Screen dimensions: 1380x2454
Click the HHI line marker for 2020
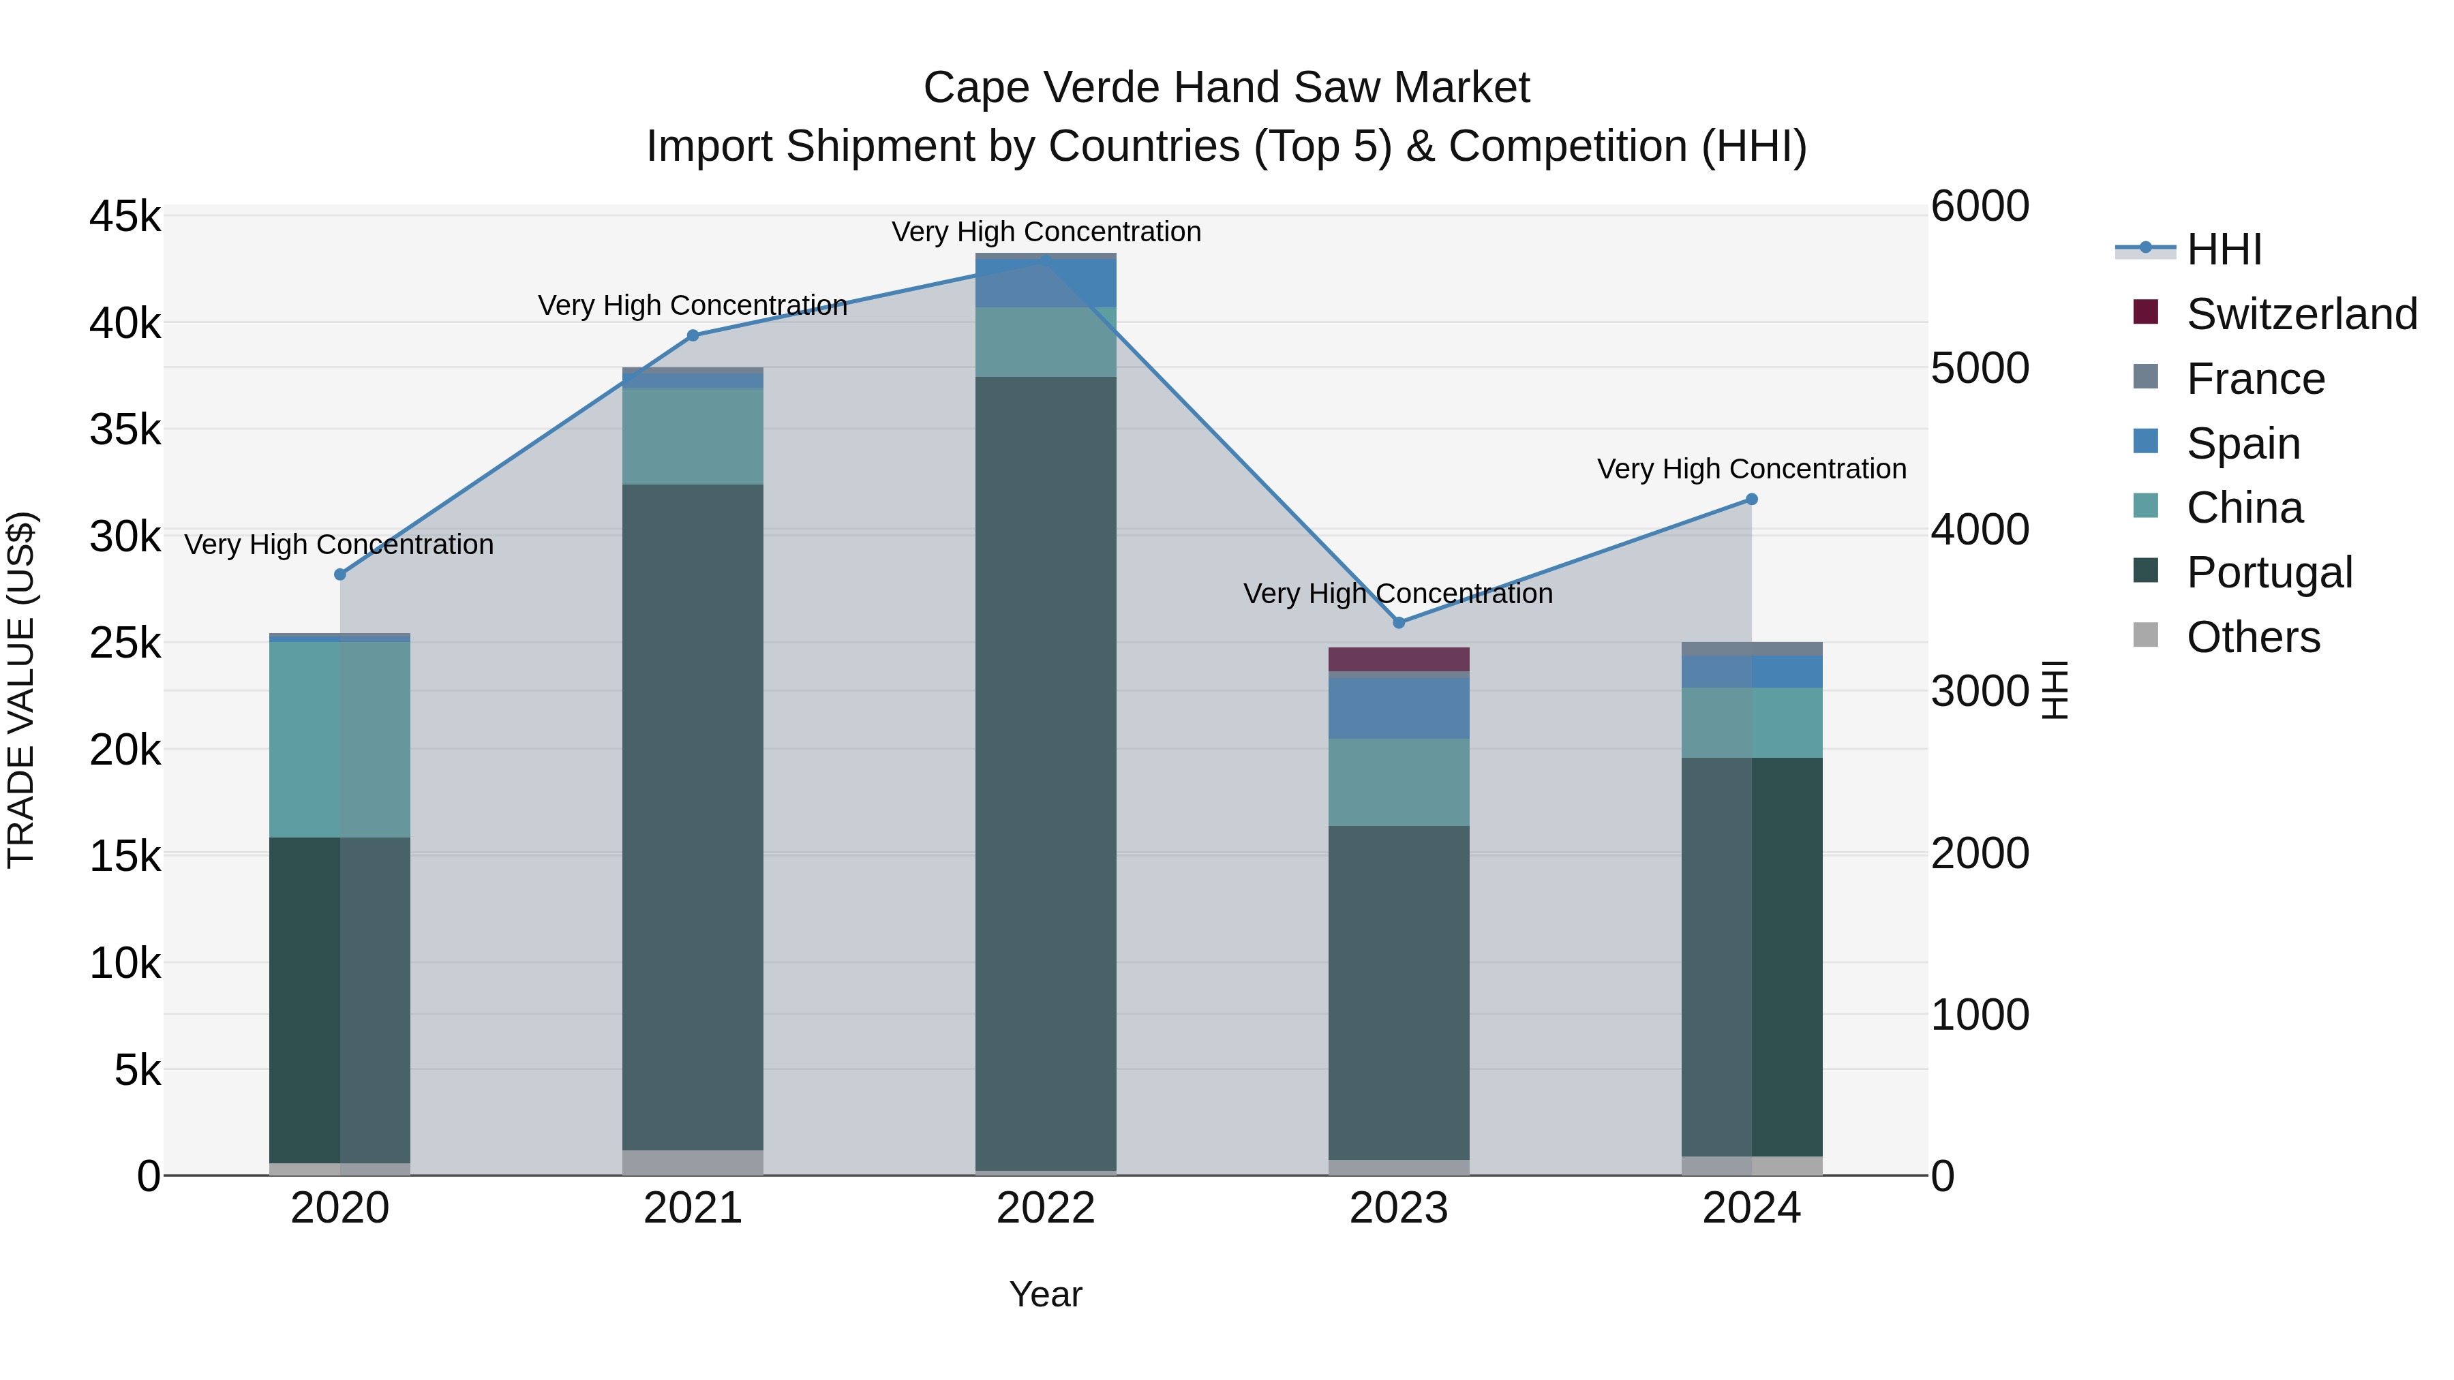[340, 574]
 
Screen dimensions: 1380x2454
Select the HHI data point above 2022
[1045, 260]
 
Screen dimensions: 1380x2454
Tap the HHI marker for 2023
[1399, 623]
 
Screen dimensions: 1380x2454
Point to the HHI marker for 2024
[1751, 499]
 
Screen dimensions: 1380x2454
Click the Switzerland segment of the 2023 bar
[1399, 659]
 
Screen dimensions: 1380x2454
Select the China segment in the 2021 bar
[693, 436]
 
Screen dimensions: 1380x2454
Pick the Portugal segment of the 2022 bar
[1045, 771]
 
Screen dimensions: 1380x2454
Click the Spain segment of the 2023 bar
[1399, 707]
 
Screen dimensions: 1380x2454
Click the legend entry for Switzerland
[2301, 314]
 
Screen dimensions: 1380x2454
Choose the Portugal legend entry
[2269, 572]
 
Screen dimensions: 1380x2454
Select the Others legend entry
[2253, 637]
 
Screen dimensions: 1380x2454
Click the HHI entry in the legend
[2224, 249]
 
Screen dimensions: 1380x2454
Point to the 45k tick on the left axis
[125, 216]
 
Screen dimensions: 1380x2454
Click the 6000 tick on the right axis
[1980, 206]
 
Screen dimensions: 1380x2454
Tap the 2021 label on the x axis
[693, 1208]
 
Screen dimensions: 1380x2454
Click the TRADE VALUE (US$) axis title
[21, 690]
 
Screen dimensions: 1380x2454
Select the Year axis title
[1045, 1294]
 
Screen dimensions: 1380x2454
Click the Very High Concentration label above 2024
[1751, 469]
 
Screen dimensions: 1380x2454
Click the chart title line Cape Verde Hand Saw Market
[1226, 88]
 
